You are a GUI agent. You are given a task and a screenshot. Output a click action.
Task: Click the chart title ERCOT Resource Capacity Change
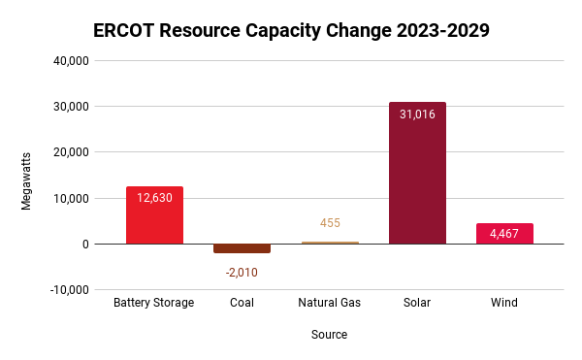click(291, 30)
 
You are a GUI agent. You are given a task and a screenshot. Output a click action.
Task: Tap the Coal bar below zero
click(242, 248)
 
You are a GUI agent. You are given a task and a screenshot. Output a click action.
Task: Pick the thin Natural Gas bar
click(330, 243)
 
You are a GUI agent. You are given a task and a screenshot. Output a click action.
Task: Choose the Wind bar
click(504, 234)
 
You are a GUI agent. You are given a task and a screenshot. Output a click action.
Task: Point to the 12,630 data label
click(154, 198)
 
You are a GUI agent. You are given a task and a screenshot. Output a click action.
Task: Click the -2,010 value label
click(242, 272)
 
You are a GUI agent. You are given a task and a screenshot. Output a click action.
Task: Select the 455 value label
click(330, 223)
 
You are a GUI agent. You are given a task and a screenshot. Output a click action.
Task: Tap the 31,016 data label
click(417, 115)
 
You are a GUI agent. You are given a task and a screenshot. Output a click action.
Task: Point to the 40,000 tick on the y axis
click(70, 61)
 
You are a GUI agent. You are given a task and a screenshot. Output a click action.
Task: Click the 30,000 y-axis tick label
click(70, 107)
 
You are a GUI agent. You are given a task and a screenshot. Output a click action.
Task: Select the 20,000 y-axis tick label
click(70, 152)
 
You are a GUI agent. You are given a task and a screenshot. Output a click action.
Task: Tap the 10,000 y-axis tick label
click(70, 198)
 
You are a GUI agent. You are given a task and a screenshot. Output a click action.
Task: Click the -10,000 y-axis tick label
click(68, 290)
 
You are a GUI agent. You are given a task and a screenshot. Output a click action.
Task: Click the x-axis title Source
click(329, 335)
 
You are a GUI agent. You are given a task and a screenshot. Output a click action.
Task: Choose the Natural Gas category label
click(329, 303)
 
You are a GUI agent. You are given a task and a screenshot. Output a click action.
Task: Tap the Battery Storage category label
click(154, 303)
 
